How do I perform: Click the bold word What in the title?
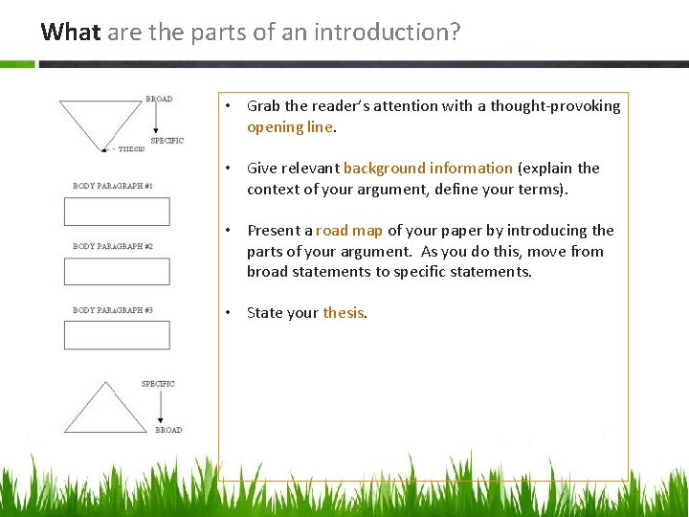coord(71,33)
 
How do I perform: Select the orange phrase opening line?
coord(290,127)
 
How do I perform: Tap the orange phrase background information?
coord(428,169)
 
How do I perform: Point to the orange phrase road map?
coord(349,231)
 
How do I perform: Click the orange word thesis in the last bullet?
coord(344,313)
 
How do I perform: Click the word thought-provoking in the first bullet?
coord(555,106)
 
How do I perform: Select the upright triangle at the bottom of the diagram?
coord(104,409)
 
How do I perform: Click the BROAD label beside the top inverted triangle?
coord(159,99)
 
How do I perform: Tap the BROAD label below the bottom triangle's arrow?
coord(168,430)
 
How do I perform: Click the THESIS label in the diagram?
coord(130,150)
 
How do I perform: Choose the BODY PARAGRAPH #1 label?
coord(113,186)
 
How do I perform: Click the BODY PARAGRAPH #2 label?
coord(113,247)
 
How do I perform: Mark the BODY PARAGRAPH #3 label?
coord(113,310)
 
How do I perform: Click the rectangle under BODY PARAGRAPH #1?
coord(117,212)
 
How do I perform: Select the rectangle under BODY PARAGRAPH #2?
coord(117,272)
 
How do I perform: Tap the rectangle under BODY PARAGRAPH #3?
coord(117,335)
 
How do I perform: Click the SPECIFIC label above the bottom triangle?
coord(158,384)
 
